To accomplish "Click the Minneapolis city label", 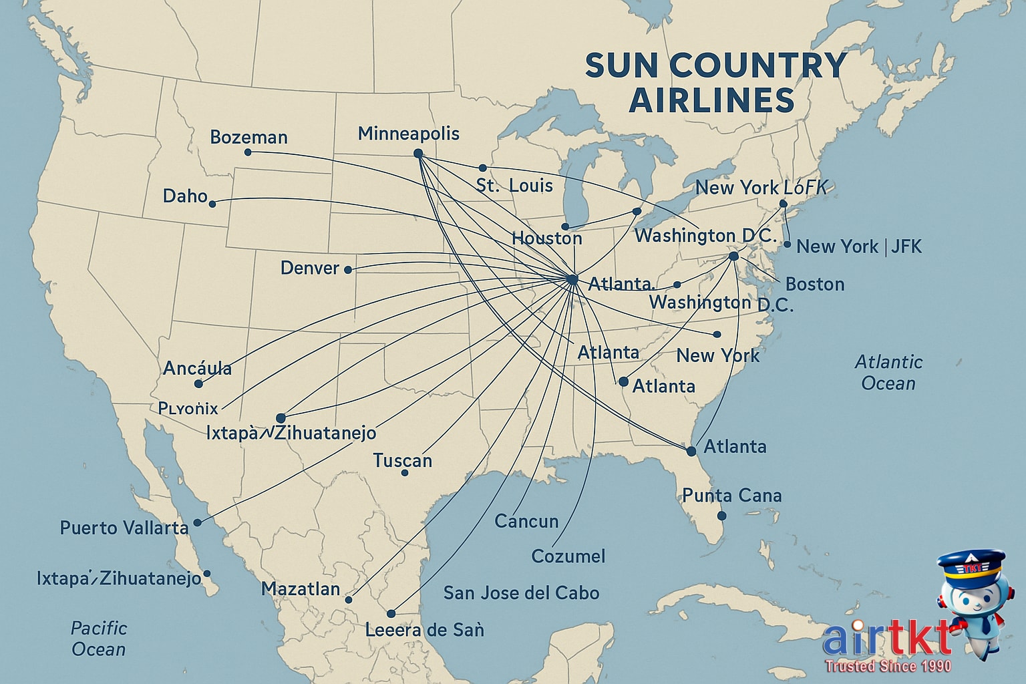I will pos(408,134).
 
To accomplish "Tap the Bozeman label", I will pos(248,138).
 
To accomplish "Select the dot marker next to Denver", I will pos(347,269).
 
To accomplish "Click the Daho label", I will pos(185,196).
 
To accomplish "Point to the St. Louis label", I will pos(514,186).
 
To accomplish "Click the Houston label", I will pos(546,238).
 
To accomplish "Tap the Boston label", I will pos(814,285).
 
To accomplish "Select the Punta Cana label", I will pos(731,496).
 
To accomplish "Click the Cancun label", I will pos(526,521).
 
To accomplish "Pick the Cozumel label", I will pos(568,556).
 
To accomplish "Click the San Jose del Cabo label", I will pos(521,592).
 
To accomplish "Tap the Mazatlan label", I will pos(301,589).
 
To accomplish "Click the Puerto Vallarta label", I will pos(124,528).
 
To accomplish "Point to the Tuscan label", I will pos(402,461).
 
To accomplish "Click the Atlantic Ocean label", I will pos(888,373).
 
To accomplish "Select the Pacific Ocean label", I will pos(98,639).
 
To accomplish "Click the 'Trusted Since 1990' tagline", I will pos(888,666).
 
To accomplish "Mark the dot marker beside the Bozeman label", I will pos(248,152).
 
